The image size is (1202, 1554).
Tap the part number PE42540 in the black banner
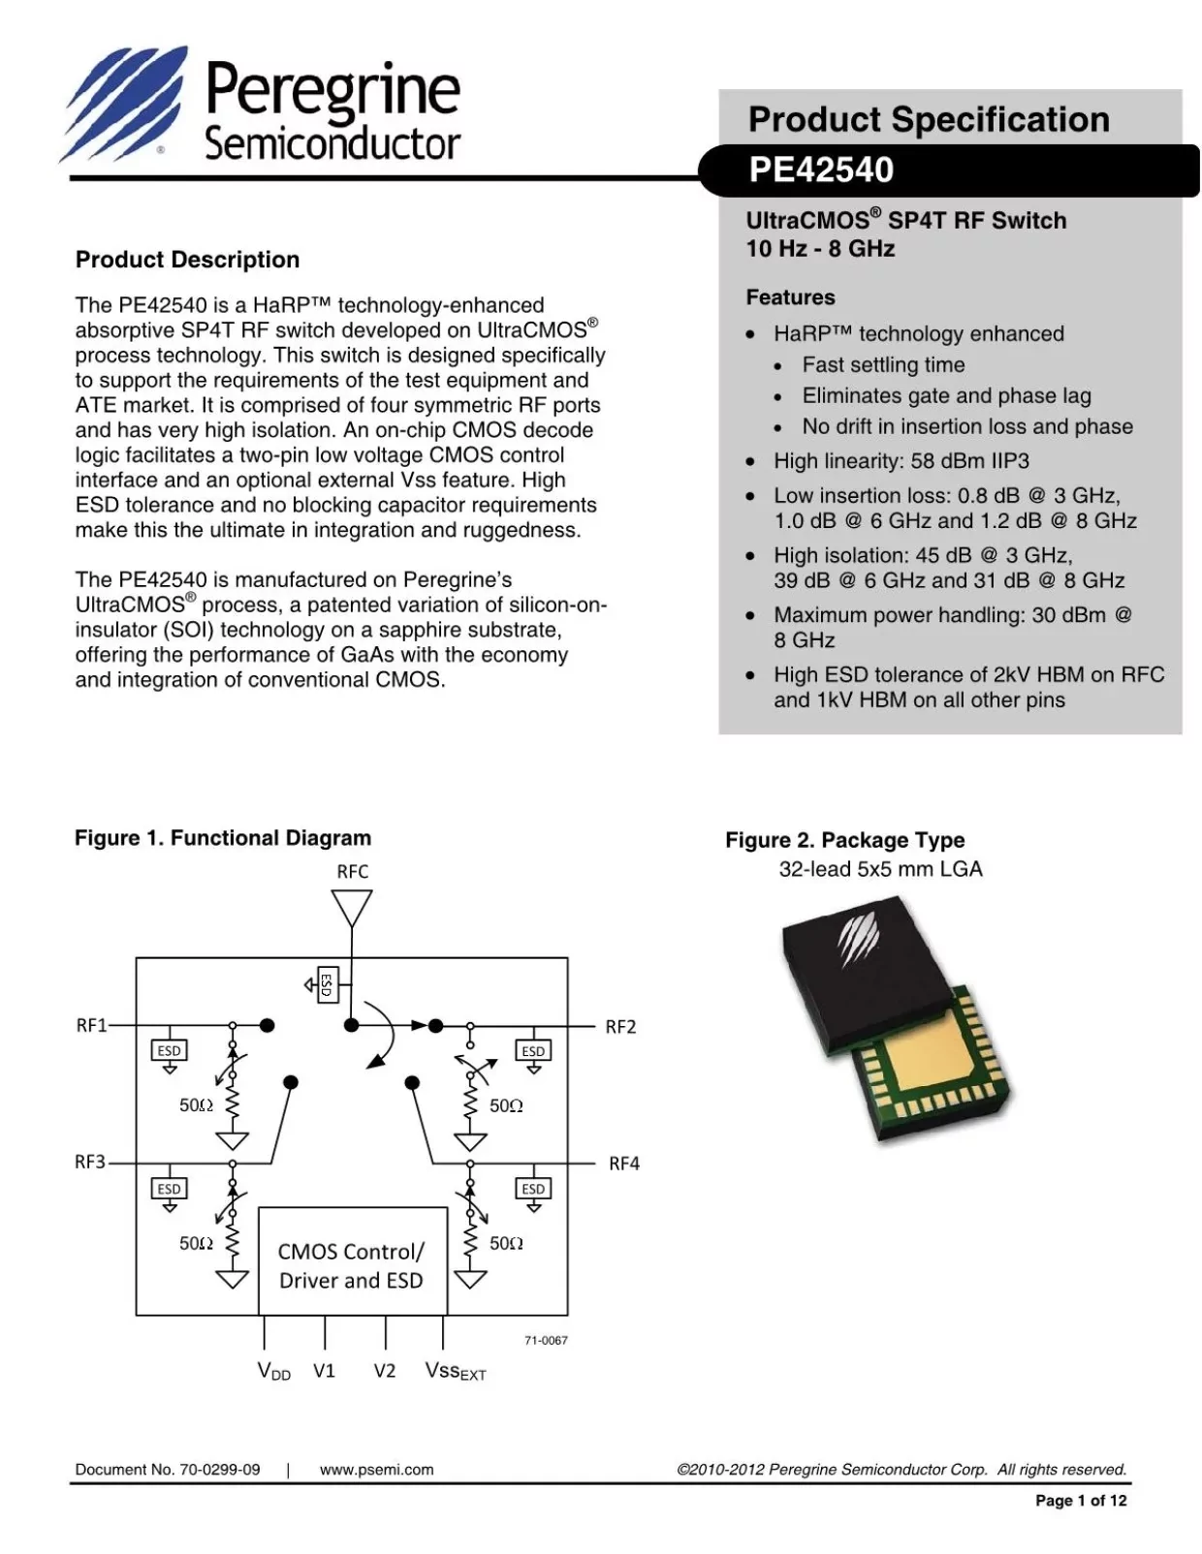tap(820, 170)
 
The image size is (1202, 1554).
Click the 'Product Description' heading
tap(187, 260)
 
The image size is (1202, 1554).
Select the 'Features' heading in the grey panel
tap(790, 297)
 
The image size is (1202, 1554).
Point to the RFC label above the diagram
tap(352, 871)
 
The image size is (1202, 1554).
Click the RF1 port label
tap(91, 1025)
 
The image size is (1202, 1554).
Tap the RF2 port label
tap(620, 1027)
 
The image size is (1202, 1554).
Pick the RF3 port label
tap(90, 1162)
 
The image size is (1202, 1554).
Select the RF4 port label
tap(623, 1164)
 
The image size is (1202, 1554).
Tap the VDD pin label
tap(273, 1371)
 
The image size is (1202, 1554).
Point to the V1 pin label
tap(324, 1371)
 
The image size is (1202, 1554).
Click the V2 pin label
tap(385, 1371)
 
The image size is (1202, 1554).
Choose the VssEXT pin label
tap(455, 1372)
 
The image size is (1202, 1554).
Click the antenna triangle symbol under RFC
tap(351, 908)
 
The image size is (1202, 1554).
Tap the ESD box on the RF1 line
tap(169, 1050)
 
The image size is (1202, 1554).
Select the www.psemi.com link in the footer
tap(376, 1470)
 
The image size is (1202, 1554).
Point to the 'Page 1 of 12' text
tap(1081, 1501)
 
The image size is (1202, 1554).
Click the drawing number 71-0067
tap(546, 1340)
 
